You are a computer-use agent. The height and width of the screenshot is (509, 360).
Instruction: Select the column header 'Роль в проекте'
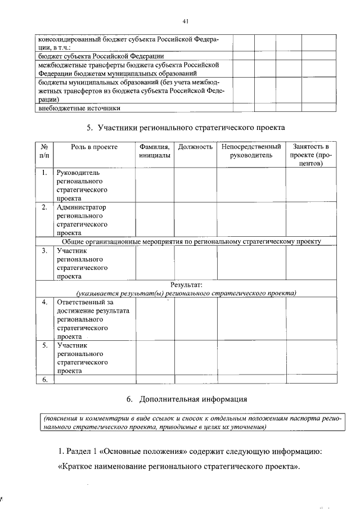coord(94,147)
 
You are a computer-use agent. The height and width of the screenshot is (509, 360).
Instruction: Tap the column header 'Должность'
coord(195,147)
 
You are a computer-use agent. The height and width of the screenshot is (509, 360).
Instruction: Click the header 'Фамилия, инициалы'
coord(155,151)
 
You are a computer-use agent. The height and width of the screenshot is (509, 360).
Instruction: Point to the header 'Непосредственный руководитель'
coord(251,151)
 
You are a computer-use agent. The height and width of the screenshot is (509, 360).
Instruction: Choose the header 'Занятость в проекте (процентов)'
coord(307,155)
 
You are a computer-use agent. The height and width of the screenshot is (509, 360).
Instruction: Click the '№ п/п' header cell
coord(44,151)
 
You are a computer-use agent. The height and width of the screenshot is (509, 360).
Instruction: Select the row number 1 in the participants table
coord(44,173)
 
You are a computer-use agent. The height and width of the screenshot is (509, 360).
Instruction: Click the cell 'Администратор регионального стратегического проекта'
coord(82,219)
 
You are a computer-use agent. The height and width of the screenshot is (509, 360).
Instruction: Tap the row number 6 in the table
coord(44,380)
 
